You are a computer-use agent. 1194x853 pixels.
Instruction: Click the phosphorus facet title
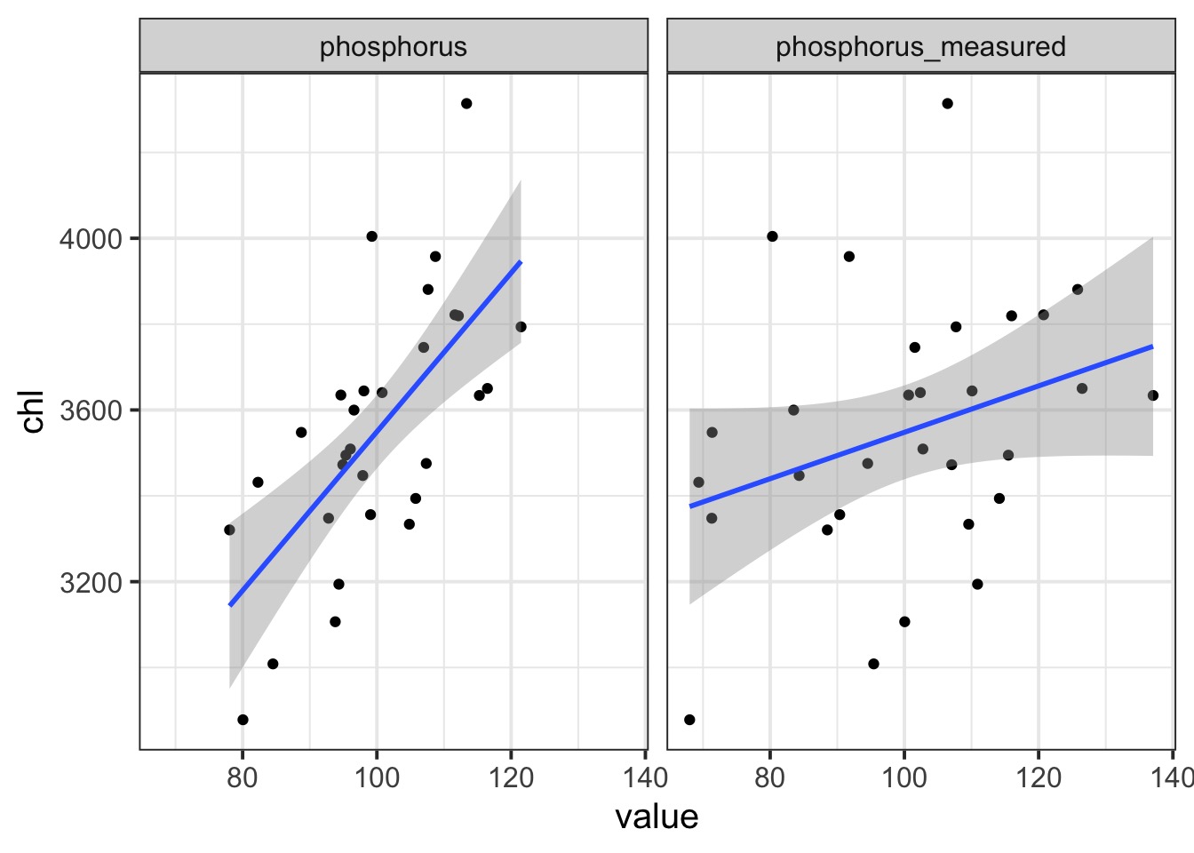pos(393,46)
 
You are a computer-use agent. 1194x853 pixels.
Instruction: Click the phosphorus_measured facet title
pos(920,46)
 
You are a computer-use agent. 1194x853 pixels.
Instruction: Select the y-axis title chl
pos(33,411)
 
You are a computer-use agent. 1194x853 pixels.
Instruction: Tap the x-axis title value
pos(657,817)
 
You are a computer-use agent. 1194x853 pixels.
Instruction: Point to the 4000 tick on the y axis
pos(89,239)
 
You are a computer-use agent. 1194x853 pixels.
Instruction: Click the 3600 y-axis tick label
pos(89,411)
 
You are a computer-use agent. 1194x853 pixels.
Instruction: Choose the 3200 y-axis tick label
pos(89,583)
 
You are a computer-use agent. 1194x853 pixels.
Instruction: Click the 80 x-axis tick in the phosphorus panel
pos(243,778)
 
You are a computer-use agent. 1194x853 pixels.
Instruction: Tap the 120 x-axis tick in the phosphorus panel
pos(511,778)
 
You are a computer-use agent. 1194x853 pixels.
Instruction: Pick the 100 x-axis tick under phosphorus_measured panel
pos(904,778)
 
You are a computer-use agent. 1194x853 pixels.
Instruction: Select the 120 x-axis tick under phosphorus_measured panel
pos(1039,778)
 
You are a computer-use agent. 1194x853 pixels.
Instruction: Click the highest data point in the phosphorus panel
pos(466,104)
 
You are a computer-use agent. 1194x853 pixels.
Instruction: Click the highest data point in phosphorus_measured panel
pos(947,104)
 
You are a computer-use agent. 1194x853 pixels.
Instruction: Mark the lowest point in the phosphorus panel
pos(243,720)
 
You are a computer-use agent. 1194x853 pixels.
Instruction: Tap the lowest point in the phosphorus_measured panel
pos(689,720)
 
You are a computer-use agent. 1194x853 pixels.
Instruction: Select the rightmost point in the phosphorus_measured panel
pos(1153,395)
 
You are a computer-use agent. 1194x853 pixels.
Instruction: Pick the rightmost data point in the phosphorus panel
pos(521,327)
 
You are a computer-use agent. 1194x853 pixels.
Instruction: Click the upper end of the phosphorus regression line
pos(520,263)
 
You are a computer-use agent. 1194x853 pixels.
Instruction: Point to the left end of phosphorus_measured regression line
pos(691,506)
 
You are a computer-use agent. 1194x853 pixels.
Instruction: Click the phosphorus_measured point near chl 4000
pos(772,236)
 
